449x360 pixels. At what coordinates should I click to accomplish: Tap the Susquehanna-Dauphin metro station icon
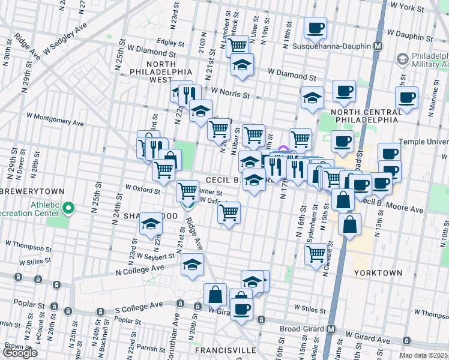(378, 46)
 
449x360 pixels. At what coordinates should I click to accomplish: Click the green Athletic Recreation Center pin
(68, 208)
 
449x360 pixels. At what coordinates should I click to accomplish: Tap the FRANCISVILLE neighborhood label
(226, 350)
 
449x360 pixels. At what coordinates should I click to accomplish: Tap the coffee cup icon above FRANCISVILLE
(241, 309)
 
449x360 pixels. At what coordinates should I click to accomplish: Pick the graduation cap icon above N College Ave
(192, 264)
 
